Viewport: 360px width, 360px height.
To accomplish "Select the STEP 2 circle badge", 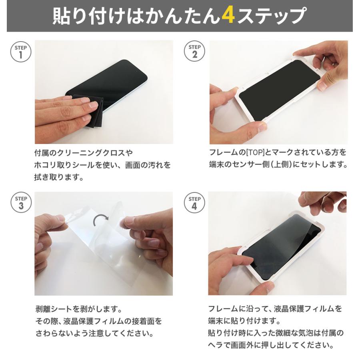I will [195, 52].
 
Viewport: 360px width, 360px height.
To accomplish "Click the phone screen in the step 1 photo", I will [112, 80].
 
